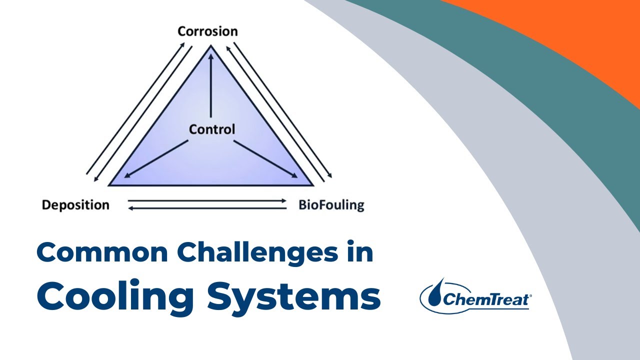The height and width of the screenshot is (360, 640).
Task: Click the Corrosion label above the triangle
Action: [207, 31]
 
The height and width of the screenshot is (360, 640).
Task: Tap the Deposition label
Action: [75, 205]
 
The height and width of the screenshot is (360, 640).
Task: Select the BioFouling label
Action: [331, 205]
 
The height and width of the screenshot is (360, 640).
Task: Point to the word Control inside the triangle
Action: [211, 130]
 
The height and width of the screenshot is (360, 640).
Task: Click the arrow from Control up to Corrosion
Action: [211, 85]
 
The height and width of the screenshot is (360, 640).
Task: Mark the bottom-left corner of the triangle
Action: [109, 185]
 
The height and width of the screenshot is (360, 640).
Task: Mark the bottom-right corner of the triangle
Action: [312, 185]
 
